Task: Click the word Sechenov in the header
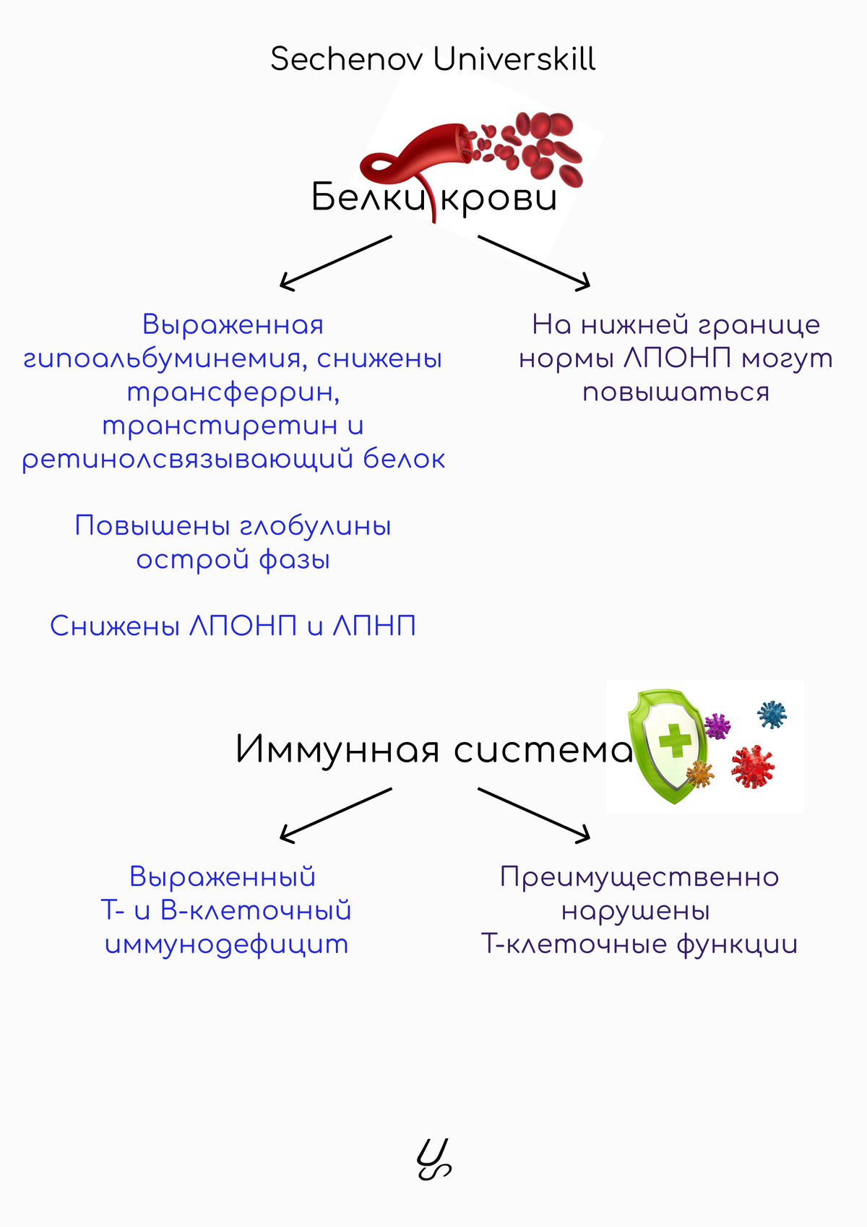pos(347,59)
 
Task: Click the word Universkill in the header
pos(514,59)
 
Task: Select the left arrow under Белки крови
pos(336,263)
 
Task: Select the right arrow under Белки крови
pos(534,263)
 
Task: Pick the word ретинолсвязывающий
pos(187,459)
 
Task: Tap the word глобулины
pos(316,526)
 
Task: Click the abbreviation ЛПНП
pos(375,626)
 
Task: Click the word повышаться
pos(676,393)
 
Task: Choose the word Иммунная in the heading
pos(337,749)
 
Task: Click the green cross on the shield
pos(675,739)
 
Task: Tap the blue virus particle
pos(772,714)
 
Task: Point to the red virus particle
pos(753,766)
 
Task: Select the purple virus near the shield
pos(717,726)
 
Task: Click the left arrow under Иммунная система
pos(336,815)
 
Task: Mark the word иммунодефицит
pos(226,945)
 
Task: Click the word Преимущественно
pos(639,877)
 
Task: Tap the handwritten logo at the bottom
pos(433,1158)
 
